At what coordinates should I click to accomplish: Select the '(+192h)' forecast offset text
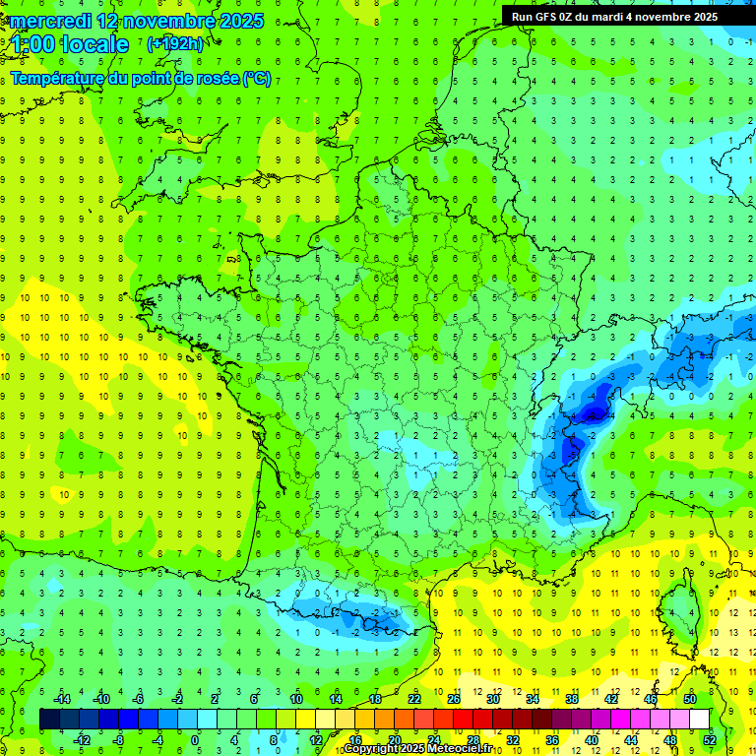click(174, 44)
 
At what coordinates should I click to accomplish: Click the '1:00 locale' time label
click(69, 44)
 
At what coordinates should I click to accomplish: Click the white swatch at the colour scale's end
click(699, 719)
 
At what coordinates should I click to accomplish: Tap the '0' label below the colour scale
click(195, 739)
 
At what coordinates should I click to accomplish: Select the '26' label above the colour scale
click(454, 699)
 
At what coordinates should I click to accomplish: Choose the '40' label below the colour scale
click(592, 739)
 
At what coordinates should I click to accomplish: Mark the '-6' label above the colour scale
click(139, 699)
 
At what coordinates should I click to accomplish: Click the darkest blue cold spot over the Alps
click(594, 411)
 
